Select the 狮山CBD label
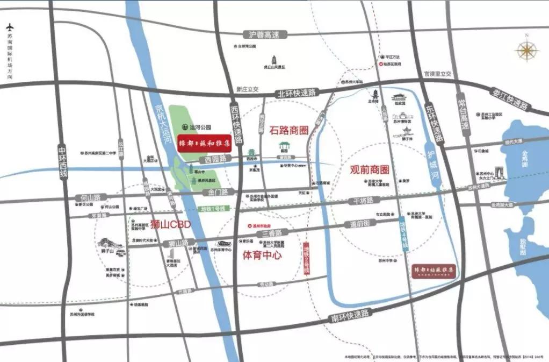point(170,224)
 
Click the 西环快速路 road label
point(234,121)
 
